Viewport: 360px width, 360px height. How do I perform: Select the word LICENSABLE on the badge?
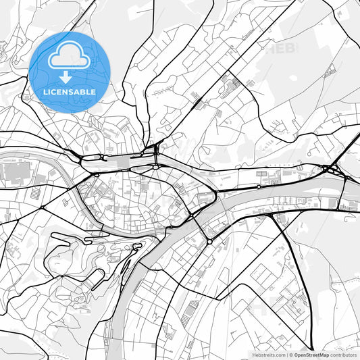(70, 91)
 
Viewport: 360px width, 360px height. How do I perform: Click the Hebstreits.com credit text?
(267, 354)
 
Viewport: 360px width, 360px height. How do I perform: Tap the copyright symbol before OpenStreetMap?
(291, 354)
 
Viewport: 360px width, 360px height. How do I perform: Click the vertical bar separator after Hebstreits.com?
(286, 354)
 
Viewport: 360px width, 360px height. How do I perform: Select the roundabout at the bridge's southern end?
(209, 241)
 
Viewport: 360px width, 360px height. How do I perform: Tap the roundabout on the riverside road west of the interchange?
(258, 186)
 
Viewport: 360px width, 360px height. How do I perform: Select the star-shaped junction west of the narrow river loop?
(43, 207)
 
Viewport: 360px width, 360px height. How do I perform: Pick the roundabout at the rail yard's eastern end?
(155, 166)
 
